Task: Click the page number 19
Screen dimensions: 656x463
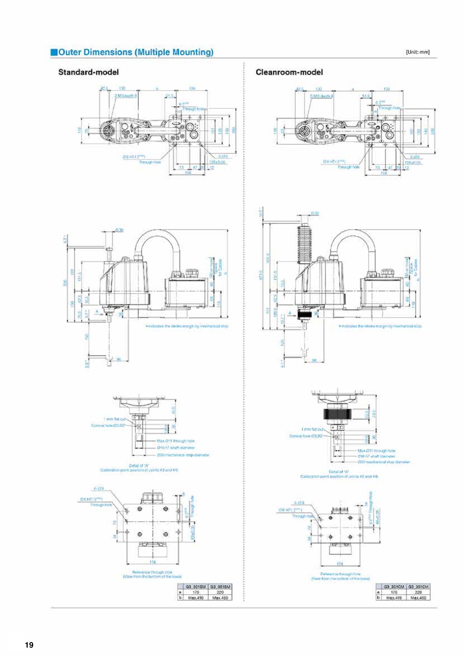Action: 29,645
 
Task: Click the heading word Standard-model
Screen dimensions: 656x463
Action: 88,72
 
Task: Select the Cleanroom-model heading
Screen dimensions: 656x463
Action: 289,72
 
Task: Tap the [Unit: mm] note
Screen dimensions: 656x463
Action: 418,52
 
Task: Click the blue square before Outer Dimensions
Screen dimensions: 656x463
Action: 54,52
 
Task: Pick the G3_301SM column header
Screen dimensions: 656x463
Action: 195,587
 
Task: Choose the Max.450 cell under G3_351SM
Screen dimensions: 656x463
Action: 220,598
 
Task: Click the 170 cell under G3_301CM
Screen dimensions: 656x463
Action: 393,592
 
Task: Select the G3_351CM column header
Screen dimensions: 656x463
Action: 418,587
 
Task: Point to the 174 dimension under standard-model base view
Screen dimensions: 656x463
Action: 153,562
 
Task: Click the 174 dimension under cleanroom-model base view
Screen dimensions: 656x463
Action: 340,564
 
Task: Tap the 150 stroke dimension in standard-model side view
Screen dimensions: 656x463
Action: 87,337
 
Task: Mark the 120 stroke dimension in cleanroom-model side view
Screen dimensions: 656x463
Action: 282,343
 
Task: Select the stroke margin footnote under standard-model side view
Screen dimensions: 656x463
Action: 187,326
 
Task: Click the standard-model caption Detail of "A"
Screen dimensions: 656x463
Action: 139,465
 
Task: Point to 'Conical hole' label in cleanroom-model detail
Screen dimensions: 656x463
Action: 305,436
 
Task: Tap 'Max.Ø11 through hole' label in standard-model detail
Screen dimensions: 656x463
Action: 176,441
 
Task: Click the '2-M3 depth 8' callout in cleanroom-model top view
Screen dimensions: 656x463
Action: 322,96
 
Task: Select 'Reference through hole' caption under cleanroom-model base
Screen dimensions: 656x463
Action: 340,574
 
